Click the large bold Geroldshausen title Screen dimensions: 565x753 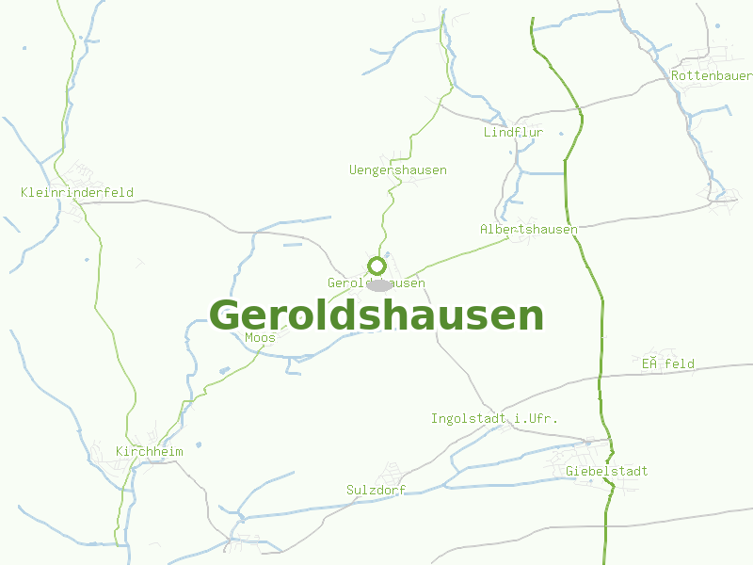[x=376, y=315]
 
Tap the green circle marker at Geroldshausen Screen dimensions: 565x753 [x=376, y=266]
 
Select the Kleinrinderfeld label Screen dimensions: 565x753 [x=77, y=193]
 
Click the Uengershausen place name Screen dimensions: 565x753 [x=397, y=170]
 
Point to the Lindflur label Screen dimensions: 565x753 [x=513, y=133]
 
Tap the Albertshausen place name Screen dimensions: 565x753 [x=528, y=230]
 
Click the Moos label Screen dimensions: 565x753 [x=260, y=337]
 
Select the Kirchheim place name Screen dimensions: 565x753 [x=149, y=452]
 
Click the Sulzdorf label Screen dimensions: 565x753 [x=376, y=491]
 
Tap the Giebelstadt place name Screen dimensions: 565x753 [x=607, y=471]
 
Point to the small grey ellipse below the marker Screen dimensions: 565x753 [x=378, y=284]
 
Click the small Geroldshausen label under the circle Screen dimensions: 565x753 [x=376, y=282]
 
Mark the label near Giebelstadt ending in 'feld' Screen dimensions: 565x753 [x=667, y=363]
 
